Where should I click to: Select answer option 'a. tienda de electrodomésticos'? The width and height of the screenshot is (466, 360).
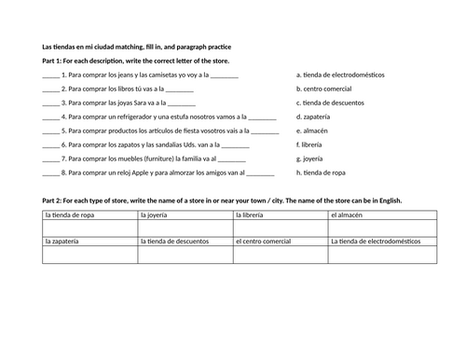(x=340, y=75)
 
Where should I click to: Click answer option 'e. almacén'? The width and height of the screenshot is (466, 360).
(x=311, y=131)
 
